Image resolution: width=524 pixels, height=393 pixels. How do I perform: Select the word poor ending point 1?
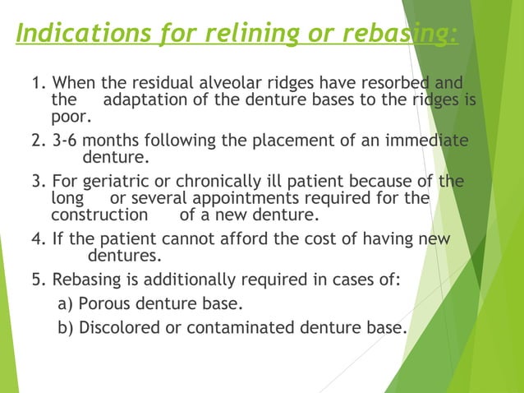pos(69,118)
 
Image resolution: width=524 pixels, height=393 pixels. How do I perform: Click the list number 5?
pos(38,279)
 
